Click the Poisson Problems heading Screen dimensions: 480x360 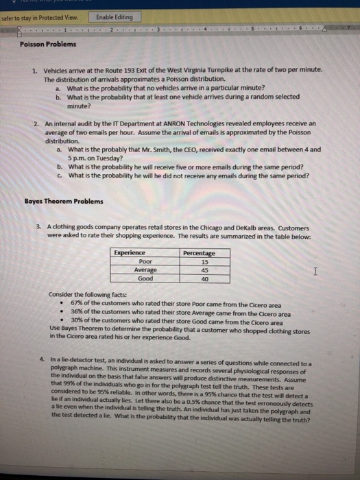[x=47, y=45]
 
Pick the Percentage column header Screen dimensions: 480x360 [x=200, y=253]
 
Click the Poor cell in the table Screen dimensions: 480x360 [x=145, y=261]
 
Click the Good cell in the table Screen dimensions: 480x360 [x=145, y=278]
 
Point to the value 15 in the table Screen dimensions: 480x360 [x=204, y=261]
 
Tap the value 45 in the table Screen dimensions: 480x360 [x=204, y=270]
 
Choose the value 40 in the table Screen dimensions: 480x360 [x=204, y=278]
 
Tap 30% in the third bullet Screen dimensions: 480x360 [x=76, y=322]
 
